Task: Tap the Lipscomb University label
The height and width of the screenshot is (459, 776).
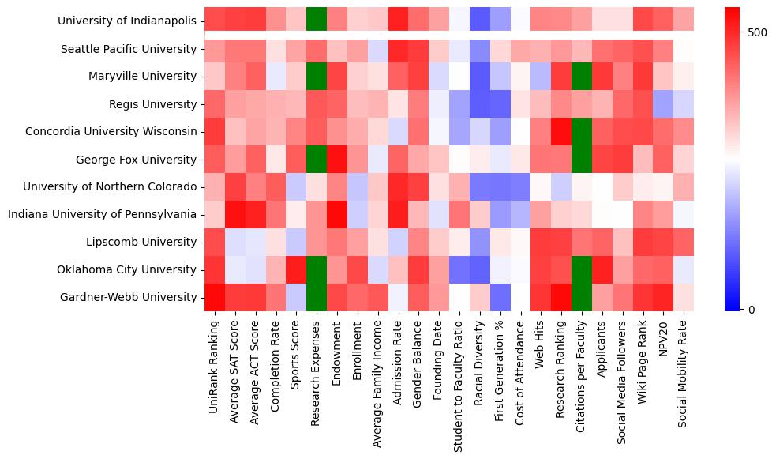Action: [x=146, y=242]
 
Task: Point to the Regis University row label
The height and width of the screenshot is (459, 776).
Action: [x=152, y=104]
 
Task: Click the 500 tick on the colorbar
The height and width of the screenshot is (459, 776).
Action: [x=756, y=32]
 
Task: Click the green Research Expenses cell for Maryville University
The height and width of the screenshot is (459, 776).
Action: [x=317, y=76]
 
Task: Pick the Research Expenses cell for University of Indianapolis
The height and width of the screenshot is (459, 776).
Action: [x=317, y=21]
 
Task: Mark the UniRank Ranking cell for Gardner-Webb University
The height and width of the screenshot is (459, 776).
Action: [x=214, y=297]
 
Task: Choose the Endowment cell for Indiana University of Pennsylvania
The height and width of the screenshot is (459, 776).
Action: [x=337, y=214]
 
